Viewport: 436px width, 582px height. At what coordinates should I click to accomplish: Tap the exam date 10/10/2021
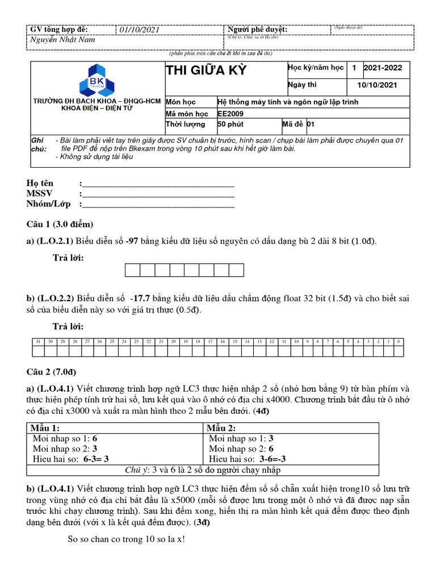pyautogui.click(x=377, y=85)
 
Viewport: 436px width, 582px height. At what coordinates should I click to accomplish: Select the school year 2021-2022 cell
pyautogui.click(x=383, y=68)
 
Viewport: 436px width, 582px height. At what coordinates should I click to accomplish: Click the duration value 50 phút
pyautogui.click(x=230, y=124)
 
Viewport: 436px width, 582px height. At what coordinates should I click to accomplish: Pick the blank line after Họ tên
pyautogui.click(x=158, y=183)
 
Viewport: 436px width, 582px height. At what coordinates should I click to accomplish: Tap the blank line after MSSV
pyautogui.click(x=158, y=194)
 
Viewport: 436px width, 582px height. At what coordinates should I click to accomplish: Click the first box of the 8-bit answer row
pyautogui.click(x=132, y=269)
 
